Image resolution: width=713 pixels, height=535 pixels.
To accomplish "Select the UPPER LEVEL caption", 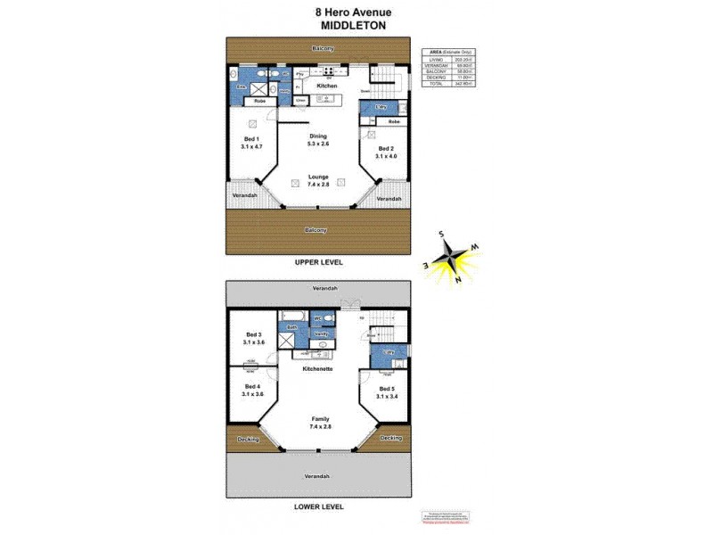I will pos(318,263).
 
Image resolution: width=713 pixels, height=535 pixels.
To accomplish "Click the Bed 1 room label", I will pos(251,143).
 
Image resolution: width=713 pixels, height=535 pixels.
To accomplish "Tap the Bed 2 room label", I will pos(386,152).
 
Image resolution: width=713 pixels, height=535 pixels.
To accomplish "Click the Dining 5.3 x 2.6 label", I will pos(318,140).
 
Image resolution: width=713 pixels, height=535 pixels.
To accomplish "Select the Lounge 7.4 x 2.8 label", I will pos(318,180).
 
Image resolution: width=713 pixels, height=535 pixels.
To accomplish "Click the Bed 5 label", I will pos(386,393).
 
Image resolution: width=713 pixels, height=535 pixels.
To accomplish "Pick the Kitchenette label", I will pos(318,368).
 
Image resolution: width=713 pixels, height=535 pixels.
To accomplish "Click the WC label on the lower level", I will pos(317,317).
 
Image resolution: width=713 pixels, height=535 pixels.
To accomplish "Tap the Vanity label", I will pos(321,333).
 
